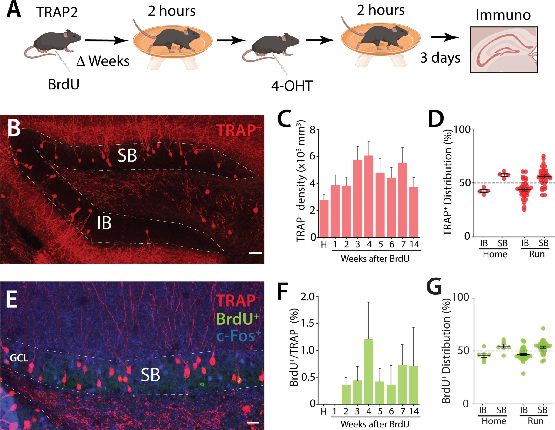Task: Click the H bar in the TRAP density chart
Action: pos(324,218)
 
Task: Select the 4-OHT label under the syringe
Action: pos(292,86)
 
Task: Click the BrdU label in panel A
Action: pos(64,85)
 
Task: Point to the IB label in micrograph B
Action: pos(104,223)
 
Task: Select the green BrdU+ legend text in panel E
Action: pos(238,319)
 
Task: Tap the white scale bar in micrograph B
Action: pos(255,253)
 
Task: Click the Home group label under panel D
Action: pos(495,254)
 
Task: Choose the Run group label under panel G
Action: pos(535,421)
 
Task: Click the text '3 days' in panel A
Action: pos(440,58)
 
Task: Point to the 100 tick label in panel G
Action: pos(459,297)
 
